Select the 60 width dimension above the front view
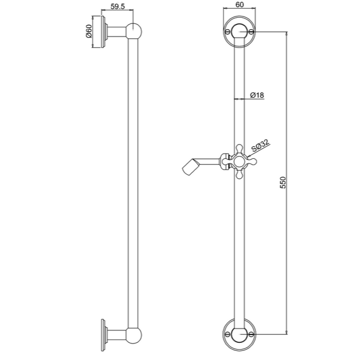pyautogui.click(x=239, y=5)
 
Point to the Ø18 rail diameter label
pyautogui.click(x=257, y=95)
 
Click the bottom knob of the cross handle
pyautogui.click(x=239, y=174)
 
